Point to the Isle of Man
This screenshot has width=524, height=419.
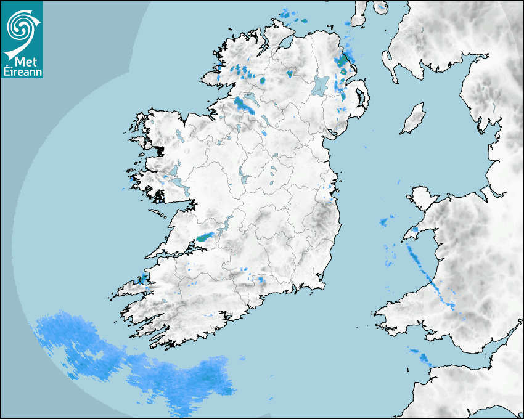[x=413, y=118]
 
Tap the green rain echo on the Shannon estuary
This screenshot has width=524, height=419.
[x=206, y=236]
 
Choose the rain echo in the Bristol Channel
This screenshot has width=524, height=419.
[x=422, y=356]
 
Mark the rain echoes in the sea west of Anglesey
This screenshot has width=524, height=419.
[x=387, y=221]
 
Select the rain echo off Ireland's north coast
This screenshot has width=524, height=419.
[x=290, y=16]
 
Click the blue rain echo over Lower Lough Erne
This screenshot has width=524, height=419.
[x=245, y=105]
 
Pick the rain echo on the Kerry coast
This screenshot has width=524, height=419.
[x=144, y=278]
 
